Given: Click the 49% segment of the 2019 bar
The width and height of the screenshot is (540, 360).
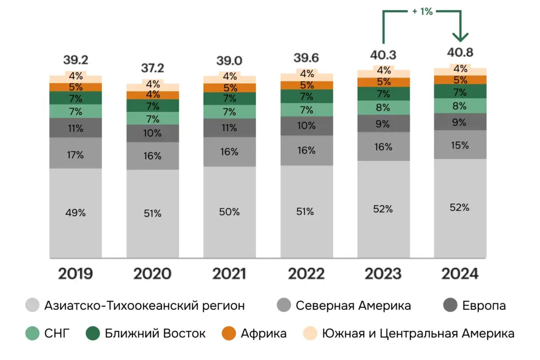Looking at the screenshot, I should coord(75,213).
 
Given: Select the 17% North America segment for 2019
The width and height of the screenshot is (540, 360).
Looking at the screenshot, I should coord(75,155).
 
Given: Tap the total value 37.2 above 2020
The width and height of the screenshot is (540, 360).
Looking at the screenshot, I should coord(152,68).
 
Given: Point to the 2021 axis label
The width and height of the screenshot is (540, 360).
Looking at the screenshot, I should coord(229,274).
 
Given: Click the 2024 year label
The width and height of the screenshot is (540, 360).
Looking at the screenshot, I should coord(460,274).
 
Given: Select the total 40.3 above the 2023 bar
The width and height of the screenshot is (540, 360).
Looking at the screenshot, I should coord(383,55).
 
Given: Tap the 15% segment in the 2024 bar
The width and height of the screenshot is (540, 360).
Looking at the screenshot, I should coord(460,145).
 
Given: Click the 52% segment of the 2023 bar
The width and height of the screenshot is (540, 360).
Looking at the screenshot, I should coord(383,209).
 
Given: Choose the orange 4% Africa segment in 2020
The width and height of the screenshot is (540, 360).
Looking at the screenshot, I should coord(152,95).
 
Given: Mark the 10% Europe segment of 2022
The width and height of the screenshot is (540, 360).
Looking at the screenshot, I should coord(306,126).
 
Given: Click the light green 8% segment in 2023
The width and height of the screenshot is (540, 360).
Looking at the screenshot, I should coord(383,108).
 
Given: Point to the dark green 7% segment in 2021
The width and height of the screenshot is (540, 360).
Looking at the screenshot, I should coord(229,99).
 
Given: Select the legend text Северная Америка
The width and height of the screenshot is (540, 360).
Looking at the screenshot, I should coord(353,306).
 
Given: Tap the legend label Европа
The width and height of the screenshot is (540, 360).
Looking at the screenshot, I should coord(484,306).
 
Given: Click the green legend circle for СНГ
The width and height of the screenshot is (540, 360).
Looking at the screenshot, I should coord(33,334).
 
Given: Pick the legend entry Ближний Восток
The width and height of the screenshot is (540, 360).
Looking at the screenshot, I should coord(155,334).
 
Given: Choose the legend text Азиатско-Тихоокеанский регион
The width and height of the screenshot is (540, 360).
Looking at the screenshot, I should coord(144,306).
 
